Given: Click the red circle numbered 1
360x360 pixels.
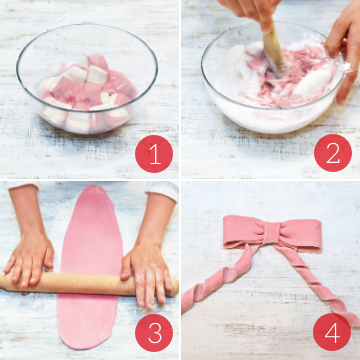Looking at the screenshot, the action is (154, 154).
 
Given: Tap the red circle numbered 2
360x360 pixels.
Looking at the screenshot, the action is (333, 153).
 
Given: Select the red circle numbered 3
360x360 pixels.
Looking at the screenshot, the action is (154, 333).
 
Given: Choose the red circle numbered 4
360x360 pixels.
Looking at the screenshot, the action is (332, 332).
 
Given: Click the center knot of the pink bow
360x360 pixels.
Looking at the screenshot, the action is (272, 232).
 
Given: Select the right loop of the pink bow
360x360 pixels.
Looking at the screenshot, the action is (300, 236).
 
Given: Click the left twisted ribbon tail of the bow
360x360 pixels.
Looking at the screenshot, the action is (220, 279).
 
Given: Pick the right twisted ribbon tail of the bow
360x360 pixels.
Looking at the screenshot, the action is (317, 286).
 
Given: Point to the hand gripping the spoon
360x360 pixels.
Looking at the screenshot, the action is (250, 12).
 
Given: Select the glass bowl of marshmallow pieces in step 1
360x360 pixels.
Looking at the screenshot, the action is (87, 78).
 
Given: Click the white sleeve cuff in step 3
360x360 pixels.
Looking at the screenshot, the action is (162, 190).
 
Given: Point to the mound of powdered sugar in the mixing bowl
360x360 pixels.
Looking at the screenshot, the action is (313, 82).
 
